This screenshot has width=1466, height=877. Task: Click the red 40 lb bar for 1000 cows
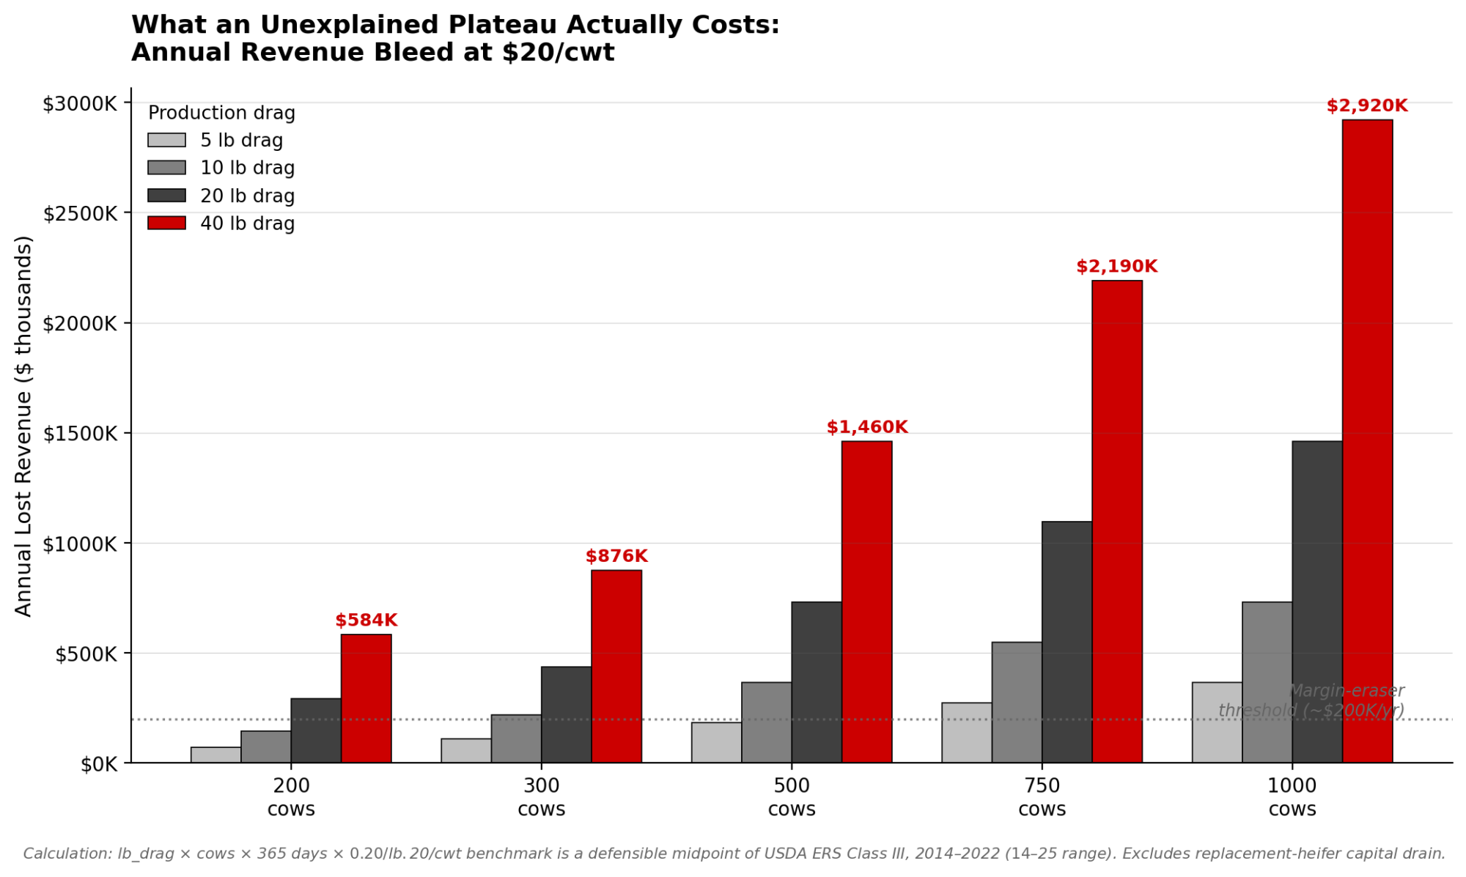tap(1367, 440)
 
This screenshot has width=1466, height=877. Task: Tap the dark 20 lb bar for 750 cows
tap(1067, 642)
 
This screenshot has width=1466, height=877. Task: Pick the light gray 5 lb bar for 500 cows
tap(716, 742)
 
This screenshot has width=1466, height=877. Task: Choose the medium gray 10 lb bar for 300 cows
tap(516, 739)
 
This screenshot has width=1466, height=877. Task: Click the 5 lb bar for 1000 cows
tap(1217, 722)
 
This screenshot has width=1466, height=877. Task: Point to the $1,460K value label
tap(867, 427)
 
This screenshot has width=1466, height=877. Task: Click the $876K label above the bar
tap(616, 556)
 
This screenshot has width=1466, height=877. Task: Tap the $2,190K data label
tap(1116, 267)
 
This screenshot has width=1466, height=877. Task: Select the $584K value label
tap(366, 621)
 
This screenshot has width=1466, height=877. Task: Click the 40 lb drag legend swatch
tap(166, 223)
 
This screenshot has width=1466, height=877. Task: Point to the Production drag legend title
tap(221, 113)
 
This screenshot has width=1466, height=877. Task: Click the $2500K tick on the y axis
tap(80, 214)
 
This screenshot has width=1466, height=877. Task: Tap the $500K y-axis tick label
tap(86, 654)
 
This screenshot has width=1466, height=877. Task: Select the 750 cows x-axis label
tap(1042, 797)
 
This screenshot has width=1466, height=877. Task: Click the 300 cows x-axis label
tap(541, 797)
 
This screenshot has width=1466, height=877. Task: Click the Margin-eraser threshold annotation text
tap(1311, 700)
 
